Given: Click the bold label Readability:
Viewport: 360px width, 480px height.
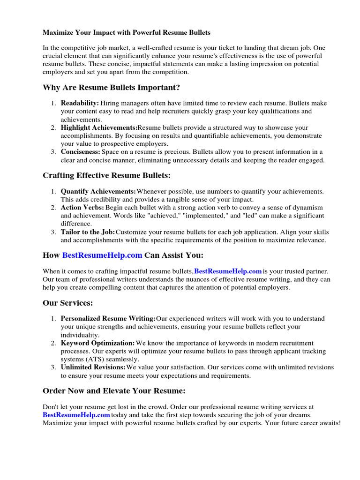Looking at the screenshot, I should pos(79,103).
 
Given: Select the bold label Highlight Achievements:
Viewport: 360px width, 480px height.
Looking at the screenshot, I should pos(98,127).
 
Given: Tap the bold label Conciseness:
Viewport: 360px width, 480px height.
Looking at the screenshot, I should pos(80,152).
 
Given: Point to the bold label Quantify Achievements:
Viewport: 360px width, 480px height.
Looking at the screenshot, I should pos(98,192).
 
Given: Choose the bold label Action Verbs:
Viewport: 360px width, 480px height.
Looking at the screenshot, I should pos(82,208).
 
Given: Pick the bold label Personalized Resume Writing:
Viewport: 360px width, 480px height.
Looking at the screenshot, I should pos(108,319).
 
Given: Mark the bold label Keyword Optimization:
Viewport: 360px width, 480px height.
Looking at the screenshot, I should pos(97,343).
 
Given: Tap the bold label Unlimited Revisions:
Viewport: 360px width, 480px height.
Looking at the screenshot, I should pos(93,367).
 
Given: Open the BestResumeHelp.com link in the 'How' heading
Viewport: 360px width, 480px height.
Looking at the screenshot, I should pos(102,255).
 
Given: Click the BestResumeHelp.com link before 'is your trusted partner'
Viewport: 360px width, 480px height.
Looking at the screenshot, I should pos(228,271).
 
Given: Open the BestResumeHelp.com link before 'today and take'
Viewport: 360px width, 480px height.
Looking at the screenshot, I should pos(76,415).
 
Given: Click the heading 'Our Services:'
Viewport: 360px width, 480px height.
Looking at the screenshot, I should pos(68,303).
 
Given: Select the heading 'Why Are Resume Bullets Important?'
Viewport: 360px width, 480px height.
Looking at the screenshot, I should pos(111,88).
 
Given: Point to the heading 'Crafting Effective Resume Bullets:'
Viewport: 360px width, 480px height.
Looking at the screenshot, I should pos(107,176).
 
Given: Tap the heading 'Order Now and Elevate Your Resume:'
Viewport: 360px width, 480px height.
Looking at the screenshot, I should pos(114,391).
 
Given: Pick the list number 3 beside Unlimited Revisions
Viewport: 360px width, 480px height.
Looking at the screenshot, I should pos(53,367).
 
